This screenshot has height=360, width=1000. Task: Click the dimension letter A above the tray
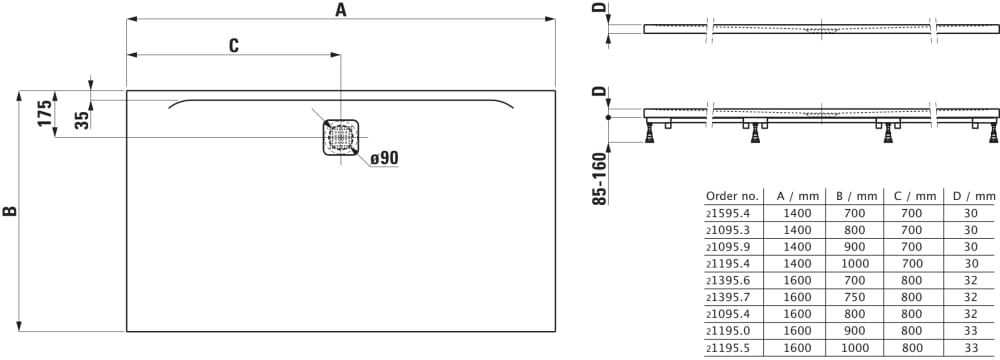click(x=341, y=10)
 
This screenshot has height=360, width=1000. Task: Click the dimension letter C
click(x=233, y=45)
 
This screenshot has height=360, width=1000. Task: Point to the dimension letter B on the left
click(x=10, y=211)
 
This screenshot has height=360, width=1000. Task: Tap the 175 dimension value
click(x=44, y=114)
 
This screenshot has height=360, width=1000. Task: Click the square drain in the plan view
click(x=341, y=137)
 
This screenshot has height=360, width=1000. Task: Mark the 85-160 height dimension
click(x=599, y=178)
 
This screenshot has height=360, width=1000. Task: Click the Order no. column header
click(x=732, y=196)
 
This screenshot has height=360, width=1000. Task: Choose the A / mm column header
click(x=797, y=196)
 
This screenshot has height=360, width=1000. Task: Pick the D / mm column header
click(x=971, y=196)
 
